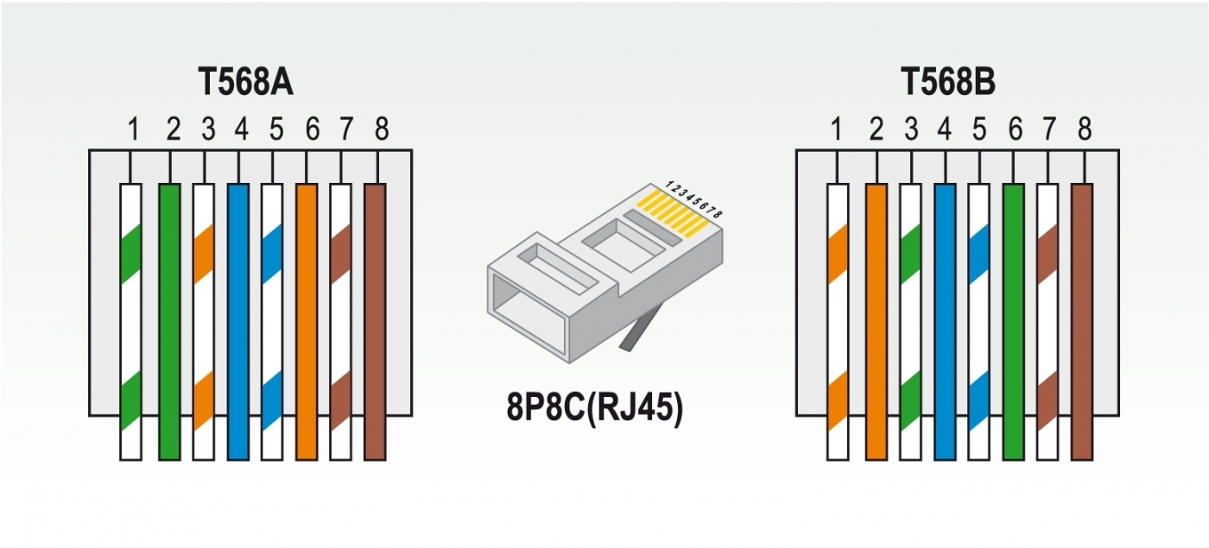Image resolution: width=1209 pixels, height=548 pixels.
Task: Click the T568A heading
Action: pos(245,82)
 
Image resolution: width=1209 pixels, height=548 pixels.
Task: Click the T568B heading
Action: pos(948,82)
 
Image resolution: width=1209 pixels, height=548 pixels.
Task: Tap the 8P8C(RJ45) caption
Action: pos(594,407)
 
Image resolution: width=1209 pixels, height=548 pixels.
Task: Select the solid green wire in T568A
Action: pos(169,322)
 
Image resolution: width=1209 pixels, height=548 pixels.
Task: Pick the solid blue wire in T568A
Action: pos(238,322)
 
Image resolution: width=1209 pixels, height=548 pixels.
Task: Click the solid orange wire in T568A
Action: pos(307,322)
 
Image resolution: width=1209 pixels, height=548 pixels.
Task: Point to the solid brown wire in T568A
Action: pos(375,322)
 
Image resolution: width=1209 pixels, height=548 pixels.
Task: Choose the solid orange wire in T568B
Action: pos(877,322)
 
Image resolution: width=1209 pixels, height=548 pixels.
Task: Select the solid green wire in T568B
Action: pos(1013,322)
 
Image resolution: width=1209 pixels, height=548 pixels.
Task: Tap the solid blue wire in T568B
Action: pos(945,322)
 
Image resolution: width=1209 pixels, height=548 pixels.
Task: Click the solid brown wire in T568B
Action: pos(1081,322)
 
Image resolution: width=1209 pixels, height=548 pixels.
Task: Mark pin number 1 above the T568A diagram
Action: pos(133,129)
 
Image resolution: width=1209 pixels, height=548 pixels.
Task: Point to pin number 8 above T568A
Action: pos(382,129)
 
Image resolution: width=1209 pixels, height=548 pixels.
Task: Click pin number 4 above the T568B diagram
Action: pos(945,129)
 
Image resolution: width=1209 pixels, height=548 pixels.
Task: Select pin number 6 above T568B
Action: pos(1016,129)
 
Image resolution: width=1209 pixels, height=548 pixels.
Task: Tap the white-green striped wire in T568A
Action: pos(130,322)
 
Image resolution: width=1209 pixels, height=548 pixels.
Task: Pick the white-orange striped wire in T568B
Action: pos(838,322)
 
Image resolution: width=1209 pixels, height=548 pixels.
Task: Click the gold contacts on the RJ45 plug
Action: pos(673,214)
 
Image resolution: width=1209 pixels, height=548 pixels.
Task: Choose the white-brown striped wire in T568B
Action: pos(1048,322)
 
